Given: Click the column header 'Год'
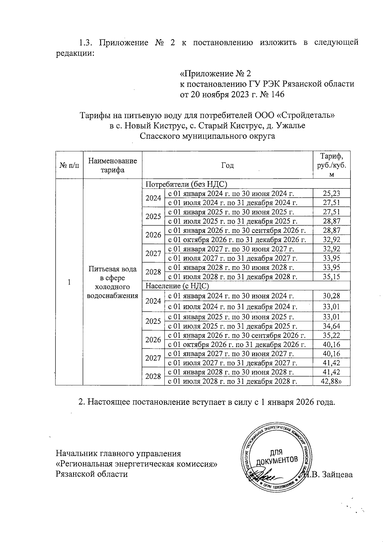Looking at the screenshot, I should (x=227, y=165).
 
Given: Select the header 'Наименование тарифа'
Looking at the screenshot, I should (x=112, y=165).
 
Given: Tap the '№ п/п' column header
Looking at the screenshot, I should (x=69, y=166).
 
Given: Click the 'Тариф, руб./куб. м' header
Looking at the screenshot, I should (x=332, y=165).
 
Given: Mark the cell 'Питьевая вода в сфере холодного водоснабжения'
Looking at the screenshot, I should (x=112, y=282).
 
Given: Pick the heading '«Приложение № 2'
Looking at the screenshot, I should (x=216, y=74).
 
